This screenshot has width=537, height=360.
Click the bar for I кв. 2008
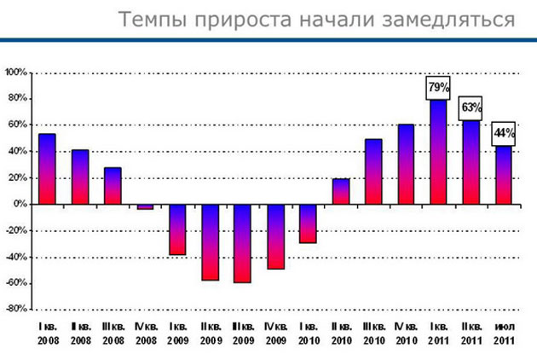(x=47, y=169)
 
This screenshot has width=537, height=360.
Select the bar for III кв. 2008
(x=113, y=186)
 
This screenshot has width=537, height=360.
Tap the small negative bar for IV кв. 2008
(x=145, y=206)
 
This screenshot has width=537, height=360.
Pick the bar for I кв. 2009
(x=178, y=229)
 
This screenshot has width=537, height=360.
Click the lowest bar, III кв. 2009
(x=243, y=244)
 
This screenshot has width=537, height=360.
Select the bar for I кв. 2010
(x=309, y=224)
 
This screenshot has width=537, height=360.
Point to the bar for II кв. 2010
(x=341, y=192)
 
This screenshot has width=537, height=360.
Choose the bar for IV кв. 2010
(x=407, y=165)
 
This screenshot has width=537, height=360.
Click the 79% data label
(x=438, y=88)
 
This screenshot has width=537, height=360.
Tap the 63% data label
(x=471, y=108)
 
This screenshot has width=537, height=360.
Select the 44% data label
(x=504, y=134)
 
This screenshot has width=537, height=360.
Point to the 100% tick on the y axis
(x=16, y=73)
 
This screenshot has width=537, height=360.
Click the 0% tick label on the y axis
(x=20, y=204)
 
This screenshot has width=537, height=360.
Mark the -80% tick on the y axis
(x=16, y=309)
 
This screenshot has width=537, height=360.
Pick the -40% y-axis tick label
(x=16, y=257)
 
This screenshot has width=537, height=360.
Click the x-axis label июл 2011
(x=504, y=334)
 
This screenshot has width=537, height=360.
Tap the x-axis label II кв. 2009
(x=211, y=334)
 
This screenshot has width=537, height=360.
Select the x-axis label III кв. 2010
(x=373, y=334)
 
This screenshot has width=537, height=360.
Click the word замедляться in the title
(x=448, y=20)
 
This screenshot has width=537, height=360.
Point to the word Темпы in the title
(x=153, y=20)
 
